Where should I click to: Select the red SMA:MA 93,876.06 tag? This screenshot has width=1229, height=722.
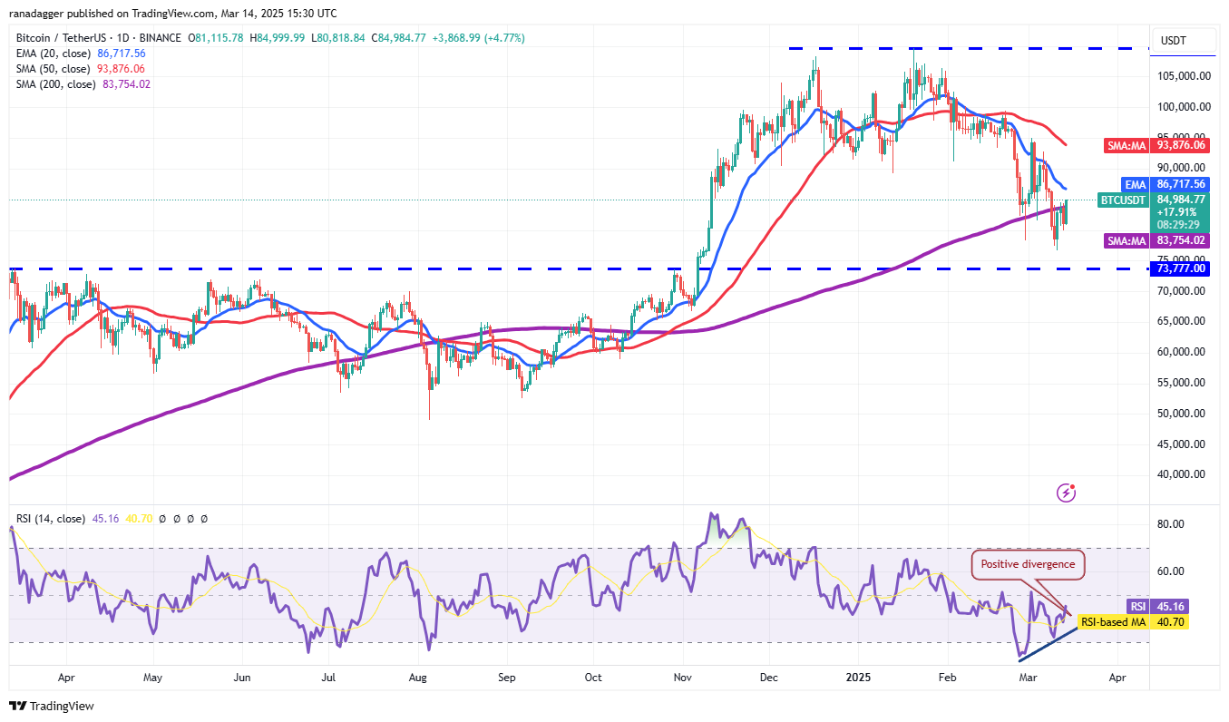coord(1154,145)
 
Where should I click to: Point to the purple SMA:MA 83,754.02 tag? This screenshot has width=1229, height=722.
coord(1154,240)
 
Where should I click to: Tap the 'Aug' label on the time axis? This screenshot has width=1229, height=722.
coord(418,678)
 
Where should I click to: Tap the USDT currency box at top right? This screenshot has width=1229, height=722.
coord(1179,41)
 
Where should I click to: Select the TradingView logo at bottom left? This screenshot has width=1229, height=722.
coord(52,706)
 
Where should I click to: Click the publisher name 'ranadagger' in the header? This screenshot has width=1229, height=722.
coord(42,14)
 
